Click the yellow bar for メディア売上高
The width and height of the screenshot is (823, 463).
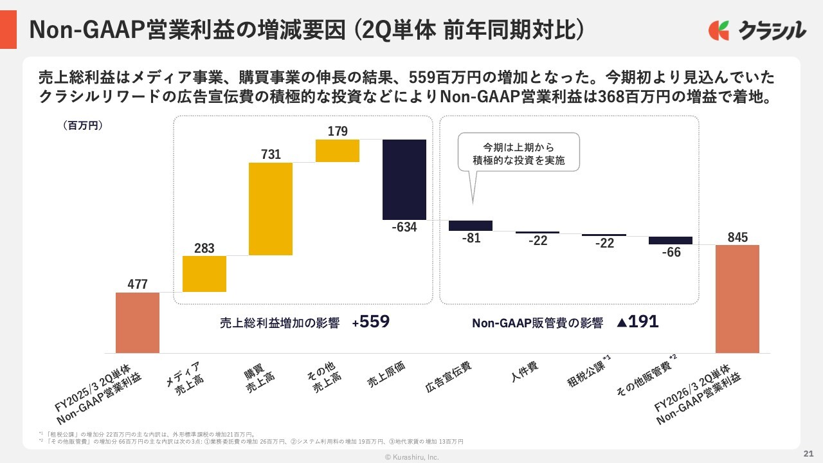pos(204,274)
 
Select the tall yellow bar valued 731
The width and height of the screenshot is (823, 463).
pos(271,208)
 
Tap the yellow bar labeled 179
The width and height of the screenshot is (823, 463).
pos(338,150)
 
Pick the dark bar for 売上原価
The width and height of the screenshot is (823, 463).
pos(404,179)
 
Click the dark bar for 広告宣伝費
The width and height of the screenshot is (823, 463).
pos(471,225)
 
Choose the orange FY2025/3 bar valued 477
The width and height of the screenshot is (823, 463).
pos(138,323)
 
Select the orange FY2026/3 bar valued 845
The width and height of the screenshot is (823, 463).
pos(737,298)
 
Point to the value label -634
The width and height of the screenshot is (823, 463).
pos(404,227)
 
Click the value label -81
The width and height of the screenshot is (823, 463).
pos(471,238)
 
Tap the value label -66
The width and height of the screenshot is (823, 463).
pos(671,252)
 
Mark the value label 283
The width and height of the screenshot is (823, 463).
pos(204,248)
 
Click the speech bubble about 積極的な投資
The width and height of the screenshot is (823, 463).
pos(518,152)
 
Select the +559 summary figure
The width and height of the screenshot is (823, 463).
pos(371,322)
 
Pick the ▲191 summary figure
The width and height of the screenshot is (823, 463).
pos(637,322)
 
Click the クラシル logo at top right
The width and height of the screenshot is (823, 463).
pos(757,30)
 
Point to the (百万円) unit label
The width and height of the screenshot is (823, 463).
pos(83,125)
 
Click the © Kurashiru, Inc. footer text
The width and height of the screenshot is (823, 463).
pos(411,457)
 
